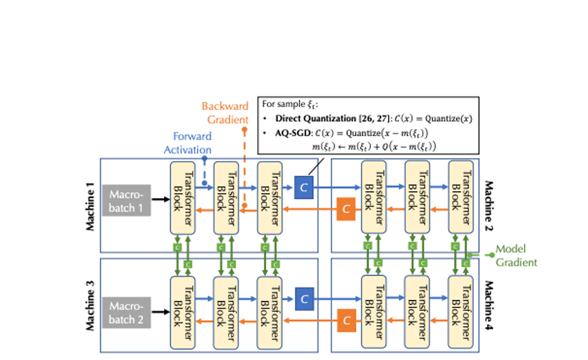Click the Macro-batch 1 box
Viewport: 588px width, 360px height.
click(126, 200)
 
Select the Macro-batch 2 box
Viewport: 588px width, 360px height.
click(126, 313)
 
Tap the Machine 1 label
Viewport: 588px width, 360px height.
click(90, 206)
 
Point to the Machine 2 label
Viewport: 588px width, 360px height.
click(489, 206)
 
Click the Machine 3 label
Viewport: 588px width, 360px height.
click(90, 306)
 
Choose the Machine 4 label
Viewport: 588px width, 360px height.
click(489, 306)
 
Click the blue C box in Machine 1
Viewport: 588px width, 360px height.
click(304, 188)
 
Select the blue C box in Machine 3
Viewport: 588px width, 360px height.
click(304, 299)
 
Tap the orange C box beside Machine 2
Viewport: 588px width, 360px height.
click(346, 209)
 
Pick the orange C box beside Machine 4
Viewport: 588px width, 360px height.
click(347, 321)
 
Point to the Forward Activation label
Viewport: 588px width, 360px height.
click(188, 143)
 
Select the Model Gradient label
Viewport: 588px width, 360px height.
click(516, 256)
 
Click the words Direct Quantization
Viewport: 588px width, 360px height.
click(315, 118)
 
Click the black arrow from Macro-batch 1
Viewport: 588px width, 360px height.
click(161, 199)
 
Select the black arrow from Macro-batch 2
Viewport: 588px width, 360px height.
click(161, 312)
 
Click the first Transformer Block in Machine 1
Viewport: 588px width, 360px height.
click(183, 198)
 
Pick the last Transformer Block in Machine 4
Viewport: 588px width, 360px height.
click(460, 312)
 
